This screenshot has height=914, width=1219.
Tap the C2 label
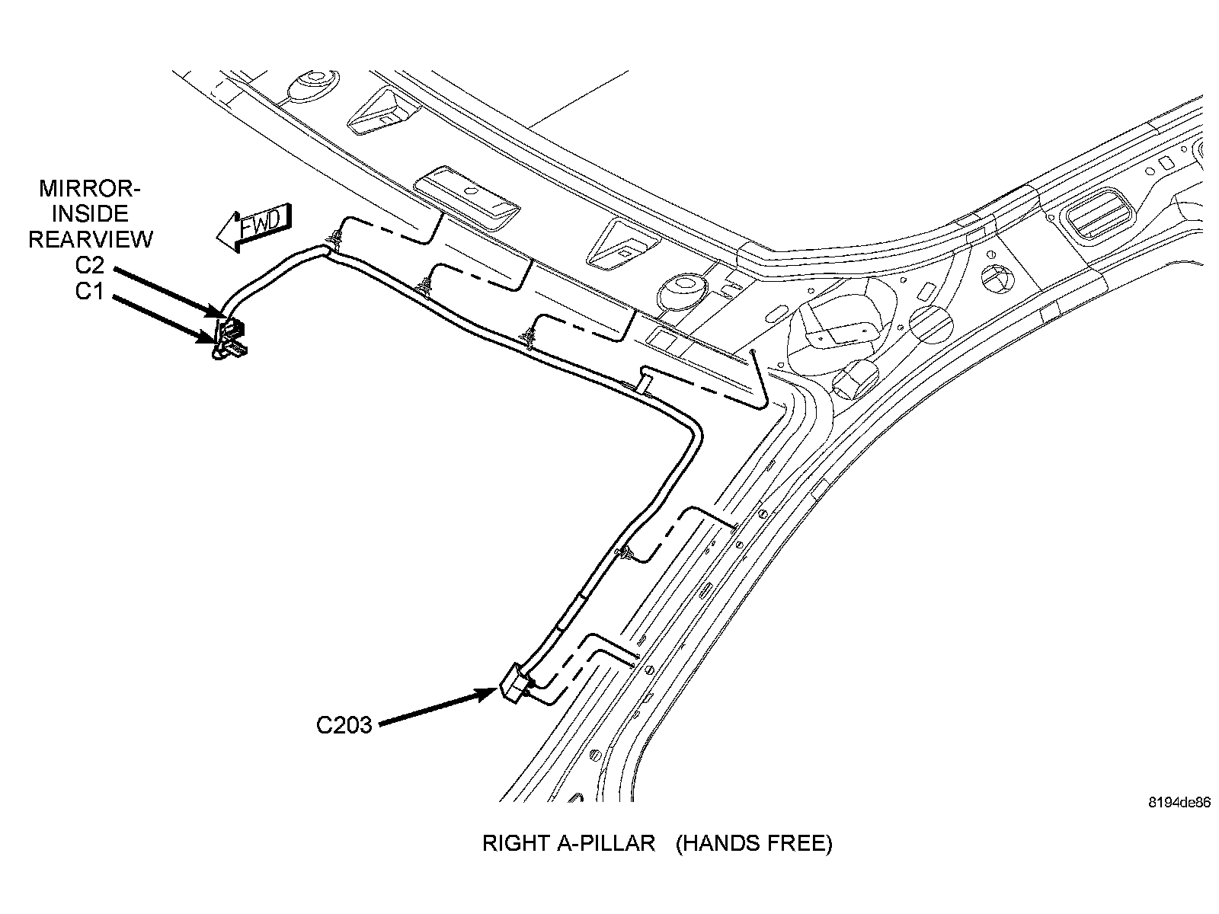89,267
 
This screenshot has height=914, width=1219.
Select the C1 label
89,292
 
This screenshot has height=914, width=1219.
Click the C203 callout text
344,725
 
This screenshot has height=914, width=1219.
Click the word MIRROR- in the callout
90,188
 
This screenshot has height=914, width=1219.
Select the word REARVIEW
90,240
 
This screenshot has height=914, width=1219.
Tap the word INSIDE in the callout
90,214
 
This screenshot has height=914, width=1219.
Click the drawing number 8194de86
1179,803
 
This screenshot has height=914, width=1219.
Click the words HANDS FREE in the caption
754,843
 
